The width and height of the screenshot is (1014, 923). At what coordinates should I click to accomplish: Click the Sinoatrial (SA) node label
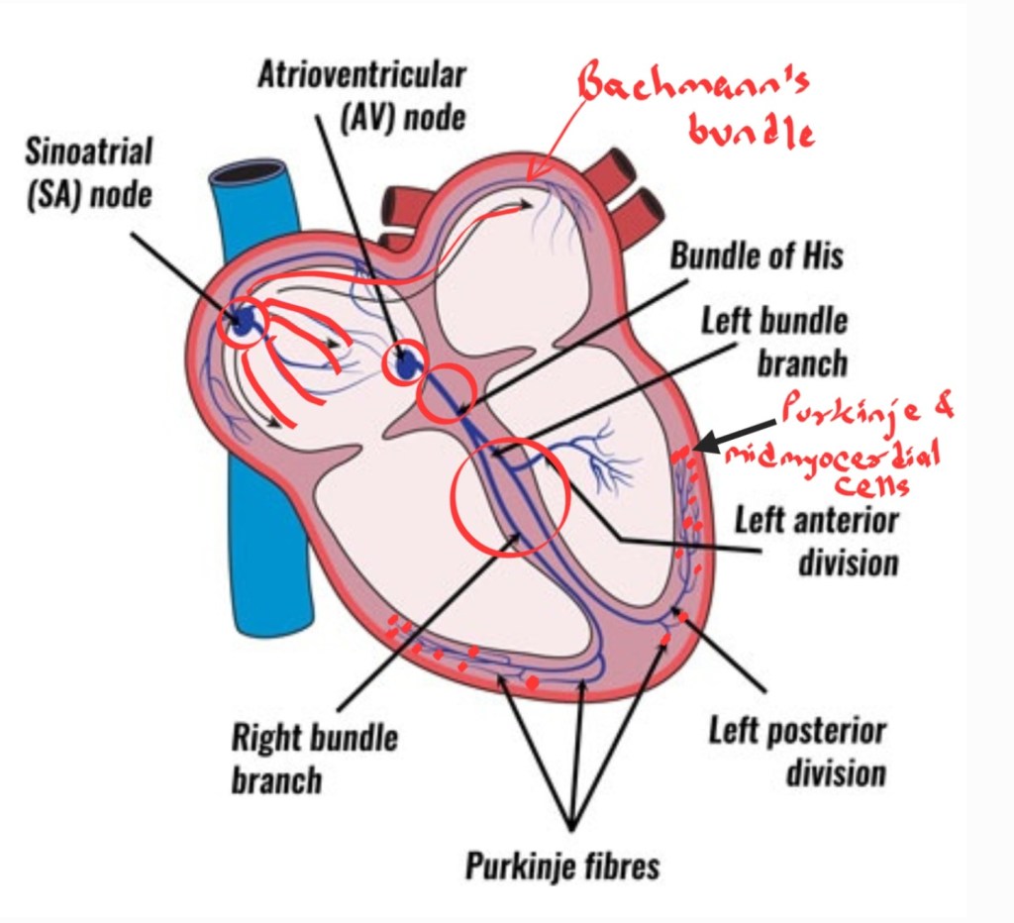click(x=90, y=172)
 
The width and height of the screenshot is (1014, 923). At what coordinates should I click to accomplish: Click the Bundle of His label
click(x=757, y=256)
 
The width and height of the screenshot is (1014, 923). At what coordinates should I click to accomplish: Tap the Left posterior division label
click(x=797, y=752)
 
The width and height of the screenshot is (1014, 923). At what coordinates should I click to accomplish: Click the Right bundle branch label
click(x=314, y=758)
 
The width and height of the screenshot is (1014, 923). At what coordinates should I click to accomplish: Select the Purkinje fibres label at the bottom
click(x=562, y=867)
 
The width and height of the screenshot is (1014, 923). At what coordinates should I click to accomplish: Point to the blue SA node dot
click(x=242, y=320)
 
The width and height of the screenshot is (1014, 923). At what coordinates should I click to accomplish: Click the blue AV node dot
click(x=404, y=365)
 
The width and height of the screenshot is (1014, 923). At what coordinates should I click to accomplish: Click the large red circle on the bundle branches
click(x=509, y=495)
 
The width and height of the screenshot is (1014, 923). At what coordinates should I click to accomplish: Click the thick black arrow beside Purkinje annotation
click(x=728, y=440)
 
